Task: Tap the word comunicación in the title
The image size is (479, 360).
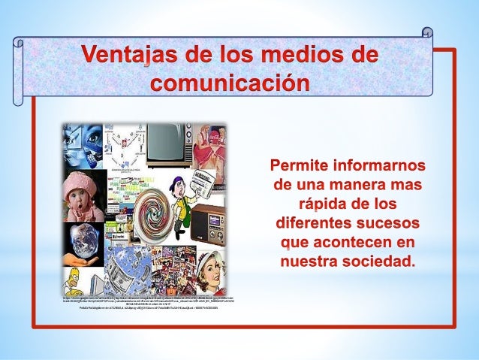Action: tap(230, 82)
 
